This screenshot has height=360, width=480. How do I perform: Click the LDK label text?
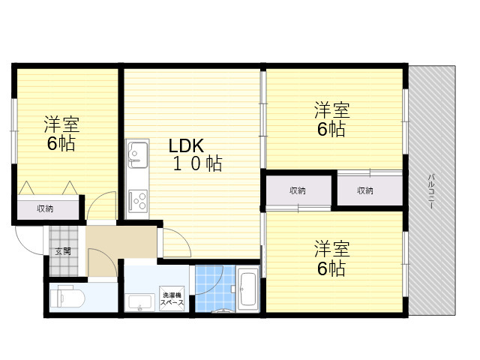186,146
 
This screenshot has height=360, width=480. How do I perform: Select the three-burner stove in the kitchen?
138,201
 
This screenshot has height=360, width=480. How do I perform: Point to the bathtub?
247,288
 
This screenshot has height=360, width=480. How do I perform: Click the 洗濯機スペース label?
172,299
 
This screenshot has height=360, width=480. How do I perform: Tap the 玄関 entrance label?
63,252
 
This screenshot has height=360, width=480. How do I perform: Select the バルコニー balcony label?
431,192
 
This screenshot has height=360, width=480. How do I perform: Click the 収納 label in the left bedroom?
45,208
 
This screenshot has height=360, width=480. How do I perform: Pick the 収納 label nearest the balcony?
365,190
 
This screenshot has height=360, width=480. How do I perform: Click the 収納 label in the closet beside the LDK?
298,190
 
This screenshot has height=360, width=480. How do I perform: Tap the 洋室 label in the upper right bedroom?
332,110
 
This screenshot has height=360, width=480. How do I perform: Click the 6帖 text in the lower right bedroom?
331,268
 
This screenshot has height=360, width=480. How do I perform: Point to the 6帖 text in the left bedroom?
61,143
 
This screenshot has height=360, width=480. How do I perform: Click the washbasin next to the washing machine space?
141,302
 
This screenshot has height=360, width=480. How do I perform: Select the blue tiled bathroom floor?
215,288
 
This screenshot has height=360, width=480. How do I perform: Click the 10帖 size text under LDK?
197,163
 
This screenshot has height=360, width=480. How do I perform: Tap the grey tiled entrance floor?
64,251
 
